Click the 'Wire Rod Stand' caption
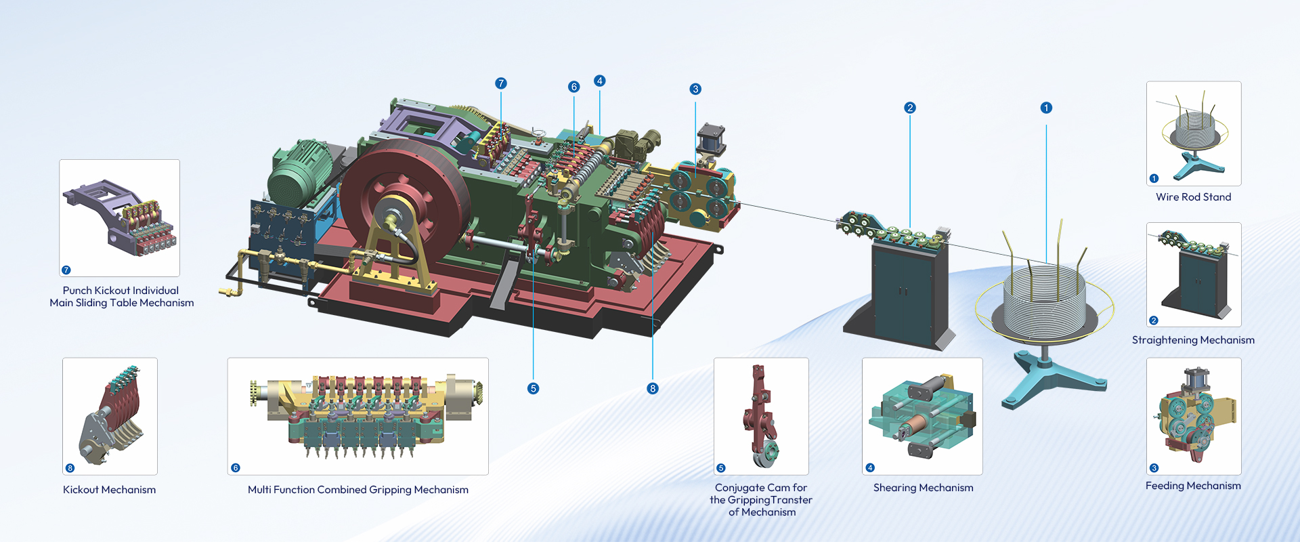1193,197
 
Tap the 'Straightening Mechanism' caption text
1193,340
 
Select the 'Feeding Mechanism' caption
1193,486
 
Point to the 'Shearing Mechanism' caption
923,488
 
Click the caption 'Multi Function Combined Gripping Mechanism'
357,490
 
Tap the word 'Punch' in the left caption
77,291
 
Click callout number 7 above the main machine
501,83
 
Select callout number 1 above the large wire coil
1046,108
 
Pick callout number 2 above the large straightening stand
910,108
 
